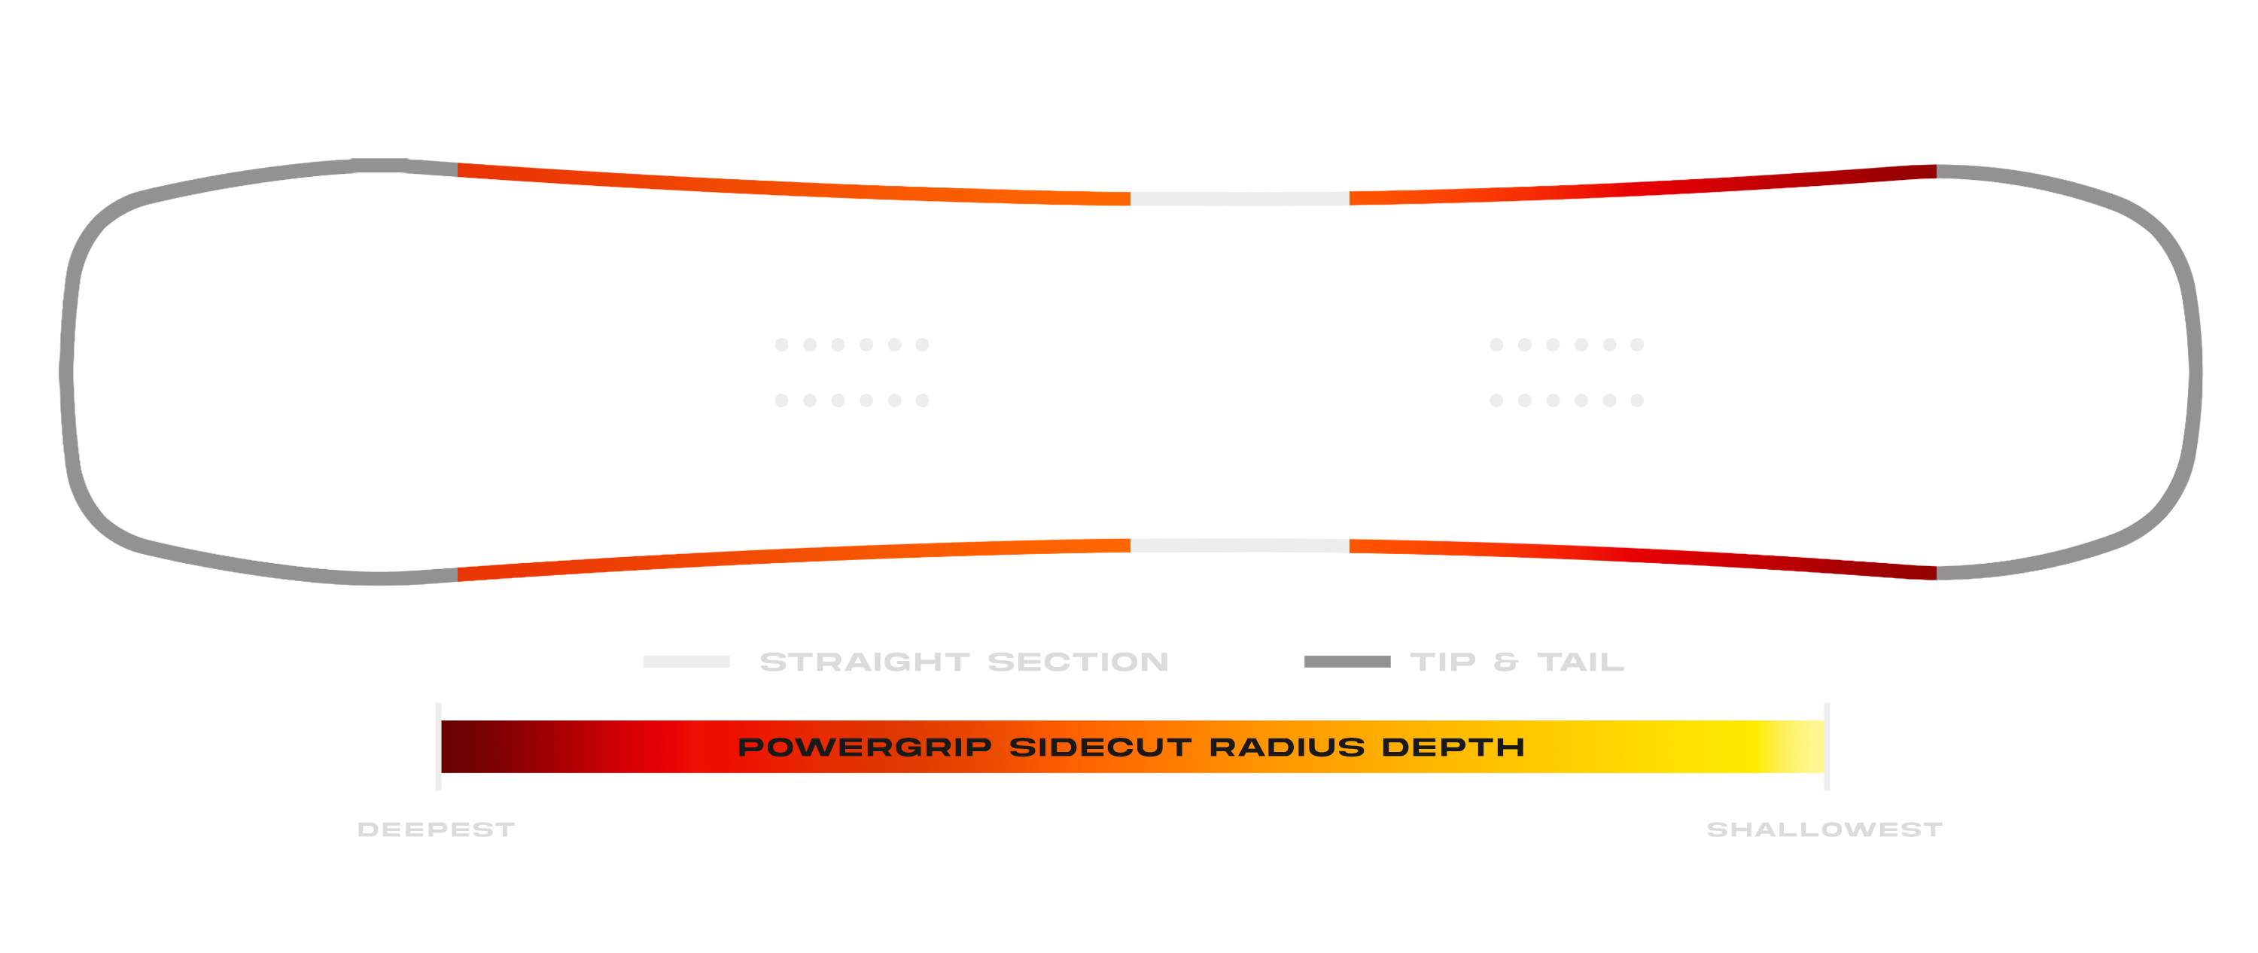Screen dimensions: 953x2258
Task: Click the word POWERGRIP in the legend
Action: [x=864, y=747]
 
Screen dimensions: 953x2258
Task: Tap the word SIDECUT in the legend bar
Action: [x=1100, y=747]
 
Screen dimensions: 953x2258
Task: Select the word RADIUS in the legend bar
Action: [x=1287, y=747]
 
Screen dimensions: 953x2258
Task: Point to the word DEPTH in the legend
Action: [x=1453, y=747]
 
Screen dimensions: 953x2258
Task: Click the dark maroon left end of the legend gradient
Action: [x=464, y=747]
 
